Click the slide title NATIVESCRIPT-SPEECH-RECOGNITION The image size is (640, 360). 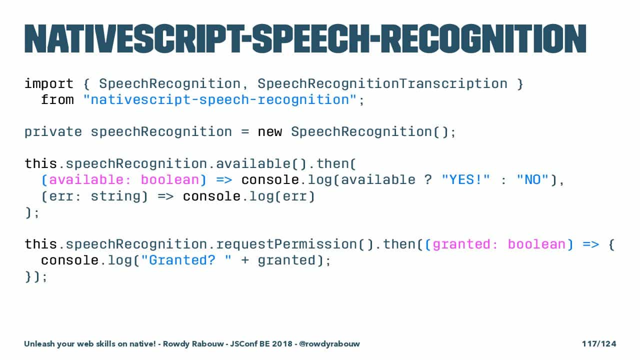tap(305, 38)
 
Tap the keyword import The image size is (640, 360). tap(49, 84)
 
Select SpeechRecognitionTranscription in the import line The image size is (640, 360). tap(382, 84)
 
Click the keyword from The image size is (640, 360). tap(57, 100)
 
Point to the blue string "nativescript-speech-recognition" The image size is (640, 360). tap(220, 100)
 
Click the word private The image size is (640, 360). tap(53, 132)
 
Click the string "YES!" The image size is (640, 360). tap(465, 180)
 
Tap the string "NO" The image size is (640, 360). tap(532, 180)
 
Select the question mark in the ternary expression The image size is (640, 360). tap(428, 180)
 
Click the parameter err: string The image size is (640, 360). tap(95, 196)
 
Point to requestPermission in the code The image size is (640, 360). tap(286, 244)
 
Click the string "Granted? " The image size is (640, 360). tap(186, 260)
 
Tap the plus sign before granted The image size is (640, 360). tap(245, 260)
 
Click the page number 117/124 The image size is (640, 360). tap(599, 343)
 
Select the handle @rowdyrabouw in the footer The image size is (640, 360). tap(329, 343)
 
